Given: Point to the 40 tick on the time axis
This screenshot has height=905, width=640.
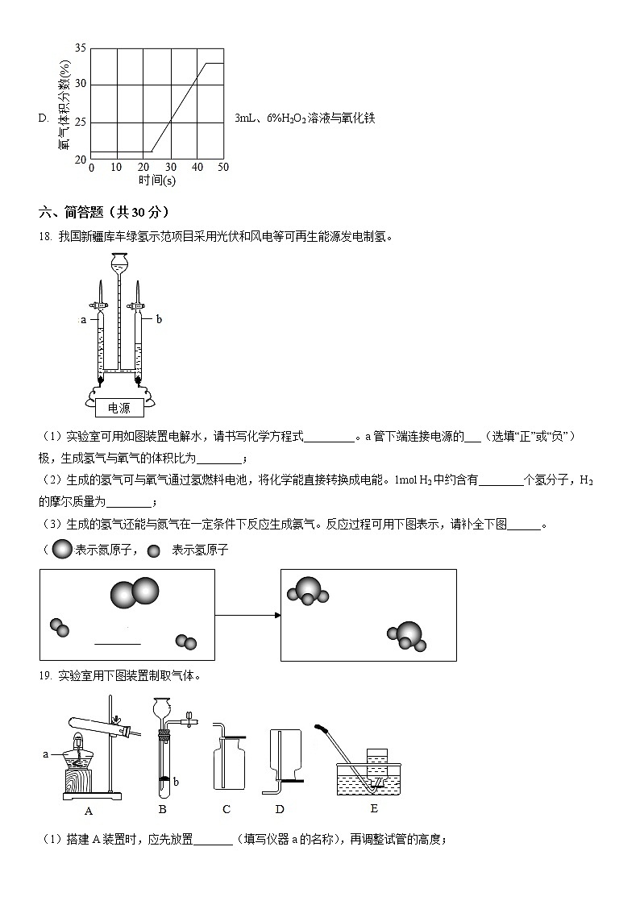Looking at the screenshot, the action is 197,167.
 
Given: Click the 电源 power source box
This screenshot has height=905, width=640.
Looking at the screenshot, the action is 118,408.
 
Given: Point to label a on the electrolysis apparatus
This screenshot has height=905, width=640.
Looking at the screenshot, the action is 83,320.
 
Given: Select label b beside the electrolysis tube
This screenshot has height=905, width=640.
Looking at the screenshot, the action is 159,319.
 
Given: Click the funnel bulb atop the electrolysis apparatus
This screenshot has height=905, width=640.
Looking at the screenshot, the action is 118,264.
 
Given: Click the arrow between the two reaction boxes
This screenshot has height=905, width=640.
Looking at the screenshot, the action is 247,615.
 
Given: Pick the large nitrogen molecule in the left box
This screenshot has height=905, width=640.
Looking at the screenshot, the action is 135,593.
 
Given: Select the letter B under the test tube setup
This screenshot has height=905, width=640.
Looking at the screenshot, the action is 162,809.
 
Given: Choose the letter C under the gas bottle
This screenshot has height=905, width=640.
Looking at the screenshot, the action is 226,809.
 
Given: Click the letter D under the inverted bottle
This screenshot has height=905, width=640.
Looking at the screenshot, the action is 280,809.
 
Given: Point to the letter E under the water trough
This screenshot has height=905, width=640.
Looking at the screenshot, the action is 373,808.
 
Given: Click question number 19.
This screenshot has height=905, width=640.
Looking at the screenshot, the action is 45,675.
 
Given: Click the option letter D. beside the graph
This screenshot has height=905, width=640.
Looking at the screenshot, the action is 44,118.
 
